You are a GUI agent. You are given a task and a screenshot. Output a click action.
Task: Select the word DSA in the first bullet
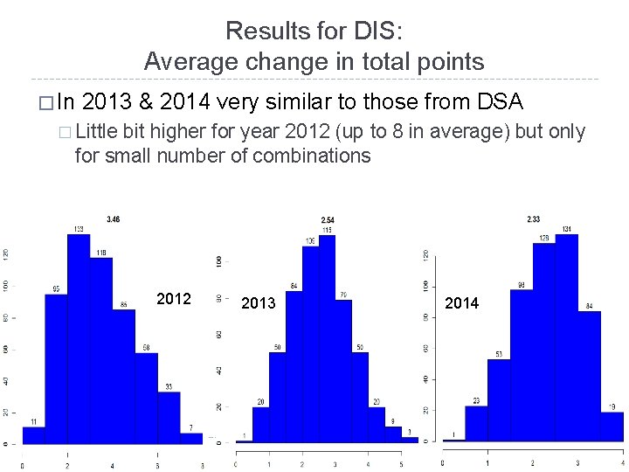tap(501, 102)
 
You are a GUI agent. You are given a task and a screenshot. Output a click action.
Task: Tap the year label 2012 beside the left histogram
tap(174, 299)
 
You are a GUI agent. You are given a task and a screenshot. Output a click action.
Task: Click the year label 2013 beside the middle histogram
tap(258, 303)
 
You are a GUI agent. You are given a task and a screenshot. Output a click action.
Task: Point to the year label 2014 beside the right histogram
tap(461, 302)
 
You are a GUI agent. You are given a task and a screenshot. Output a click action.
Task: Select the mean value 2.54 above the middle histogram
tap(327, 219)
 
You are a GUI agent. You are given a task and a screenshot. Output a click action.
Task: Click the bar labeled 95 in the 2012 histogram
tap(57, 367)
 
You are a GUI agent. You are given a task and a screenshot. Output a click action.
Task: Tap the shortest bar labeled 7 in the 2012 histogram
tap(191, 438)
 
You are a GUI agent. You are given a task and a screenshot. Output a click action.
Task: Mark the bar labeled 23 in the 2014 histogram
tap(476, 423)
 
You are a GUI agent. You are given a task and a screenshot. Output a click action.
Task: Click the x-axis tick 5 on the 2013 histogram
tap(400, 463)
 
